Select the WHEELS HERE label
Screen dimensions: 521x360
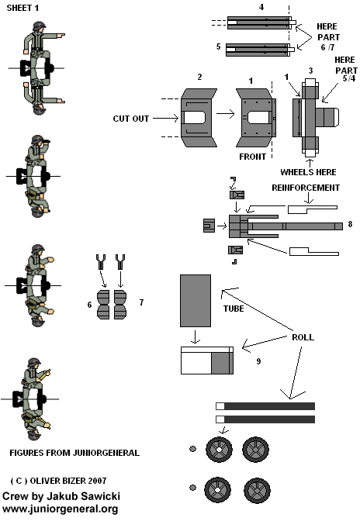point(311,171)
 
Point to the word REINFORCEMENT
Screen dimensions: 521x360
point(306,187)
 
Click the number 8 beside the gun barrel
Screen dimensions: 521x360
point(350,224)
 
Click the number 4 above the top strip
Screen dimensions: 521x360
point(261,7)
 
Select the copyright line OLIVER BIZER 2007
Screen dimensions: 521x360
point(61,481)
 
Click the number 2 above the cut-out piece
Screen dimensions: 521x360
point(199,78)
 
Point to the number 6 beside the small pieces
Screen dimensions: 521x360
point(89,305)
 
